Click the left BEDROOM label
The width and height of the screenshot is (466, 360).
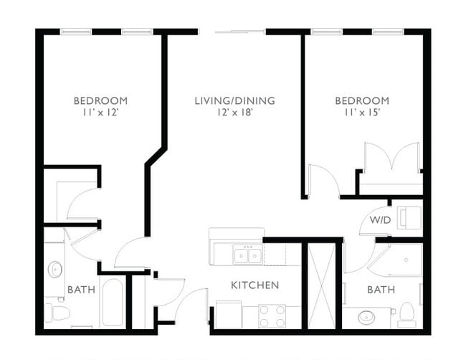(x=100, y=100)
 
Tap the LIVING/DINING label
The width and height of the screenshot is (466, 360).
(x=234, y=100)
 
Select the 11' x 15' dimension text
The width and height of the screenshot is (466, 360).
(x=362, y=113)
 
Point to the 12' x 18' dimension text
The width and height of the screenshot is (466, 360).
(x=234, y=113)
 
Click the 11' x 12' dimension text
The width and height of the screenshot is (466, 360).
(x=100, y=113)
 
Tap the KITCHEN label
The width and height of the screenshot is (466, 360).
(x=255, y=285)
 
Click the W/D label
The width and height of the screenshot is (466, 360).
(x=380, y=219)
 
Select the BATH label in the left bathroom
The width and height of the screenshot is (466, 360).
(x=81, y=290)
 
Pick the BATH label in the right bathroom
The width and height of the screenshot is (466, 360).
(x=380, y=290)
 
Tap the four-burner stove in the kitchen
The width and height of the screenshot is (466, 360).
(x=272, y=316)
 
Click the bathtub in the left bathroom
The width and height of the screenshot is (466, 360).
(x=113, y=302)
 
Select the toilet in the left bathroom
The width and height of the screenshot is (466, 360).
(x=57, y=313)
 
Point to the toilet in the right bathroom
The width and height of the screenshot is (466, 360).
(x=406, y=313)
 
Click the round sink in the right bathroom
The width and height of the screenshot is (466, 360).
(x=367, y=316)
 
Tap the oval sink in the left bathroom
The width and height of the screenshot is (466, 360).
(x=55, y=270)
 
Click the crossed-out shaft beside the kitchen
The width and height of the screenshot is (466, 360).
(x=320, y=285)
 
